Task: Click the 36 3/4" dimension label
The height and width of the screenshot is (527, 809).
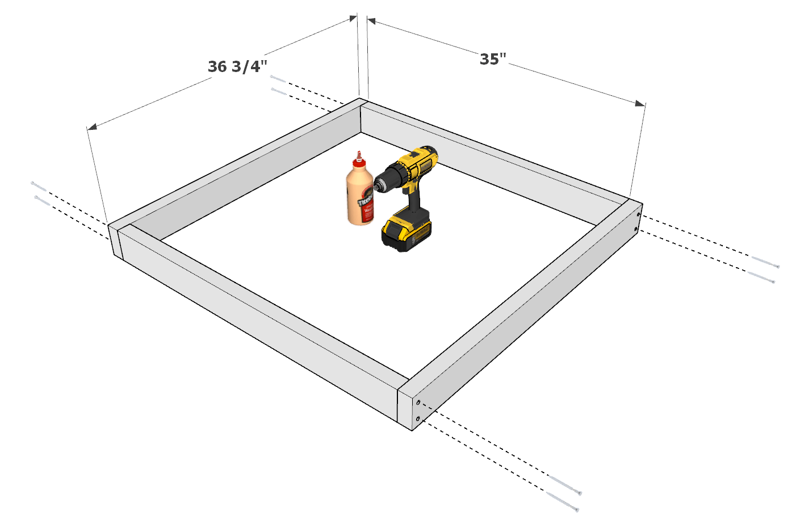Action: click(x=237, y=67)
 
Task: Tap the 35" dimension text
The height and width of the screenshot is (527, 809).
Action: click(x=493, y=60)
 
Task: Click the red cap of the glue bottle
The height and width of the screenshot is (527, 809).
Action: click(x=358, y=162)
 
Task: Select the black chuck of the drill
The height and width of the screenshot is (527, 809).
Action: click(x=383, y=183)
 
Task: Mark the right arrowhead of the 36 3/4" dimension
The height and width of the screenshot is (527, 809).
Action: click(x=353, y=18)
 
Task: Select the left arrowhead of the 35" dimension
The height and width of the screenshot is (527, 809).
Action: click(x=372, y=21)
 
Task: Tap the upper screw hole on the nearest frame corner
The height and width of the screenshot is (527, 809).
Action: click(x=418, y=402)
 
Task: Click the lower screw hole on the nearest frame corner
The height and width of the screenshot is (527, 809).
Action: click(x=418, y=419)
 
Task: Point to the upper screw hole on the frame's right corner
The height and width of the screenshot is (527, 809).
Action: click(x=639, y=215)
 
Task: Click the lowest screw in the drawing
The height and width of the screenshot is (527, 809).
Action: click(x=563, y=502)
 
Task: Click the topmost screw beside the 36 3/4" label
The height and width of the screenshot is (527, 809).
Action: click(x=278, y=79)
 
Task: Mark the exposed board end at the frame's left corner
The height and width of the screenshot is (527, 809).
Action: click(x=115, y=241)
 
